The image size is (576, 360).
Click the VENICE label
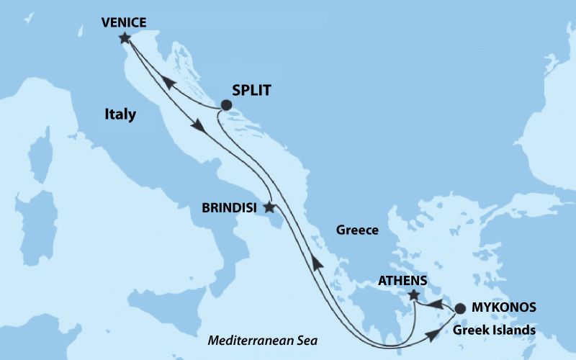(124, 22)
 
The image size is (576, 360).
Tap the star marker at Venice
(125, 37)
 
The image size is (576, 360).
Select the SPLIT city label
(255, 91)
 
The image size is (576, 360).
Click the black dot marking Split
(226, 105)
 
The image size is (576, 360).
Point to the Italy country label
(120, 114)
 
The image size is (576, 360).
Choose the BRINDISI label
(231, 207)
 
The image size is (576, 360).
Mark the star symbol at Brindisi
(269, 207)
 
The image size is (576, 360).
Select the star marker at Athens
(413, 294)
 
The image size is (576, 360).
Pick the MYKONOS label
(505, 307)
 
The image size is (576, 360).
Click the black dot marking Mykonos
(459, 309)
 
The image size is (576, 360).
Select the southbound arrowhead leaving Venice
(198, 126)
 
